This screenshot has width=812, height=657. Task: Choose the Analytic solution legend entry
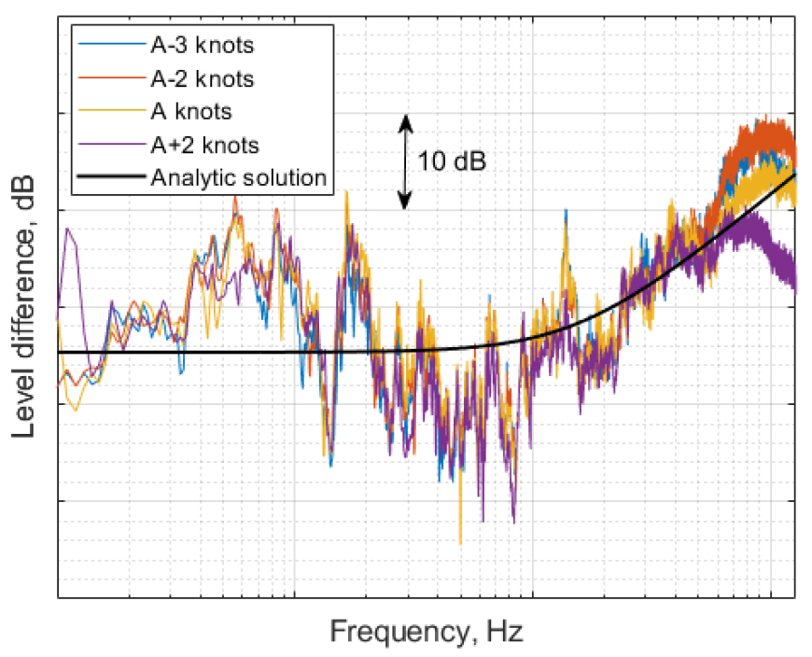[x=238, y=176]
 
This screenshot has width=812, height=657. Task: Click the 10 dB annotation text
[x=452, y=161]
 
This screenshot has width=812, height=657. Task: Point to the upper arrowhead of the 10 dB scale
[x=405, y=120]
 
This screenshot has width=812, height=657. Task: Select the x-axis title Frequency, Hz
[x=426, y=632]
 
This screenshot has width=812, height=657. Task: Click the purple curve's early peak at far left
[x=68, y=231]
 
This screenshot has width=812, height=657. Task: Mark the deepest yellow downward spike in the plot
[x=460, y=541]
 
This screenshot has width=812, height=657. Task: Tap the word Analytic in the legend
[x=183, y=176]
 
